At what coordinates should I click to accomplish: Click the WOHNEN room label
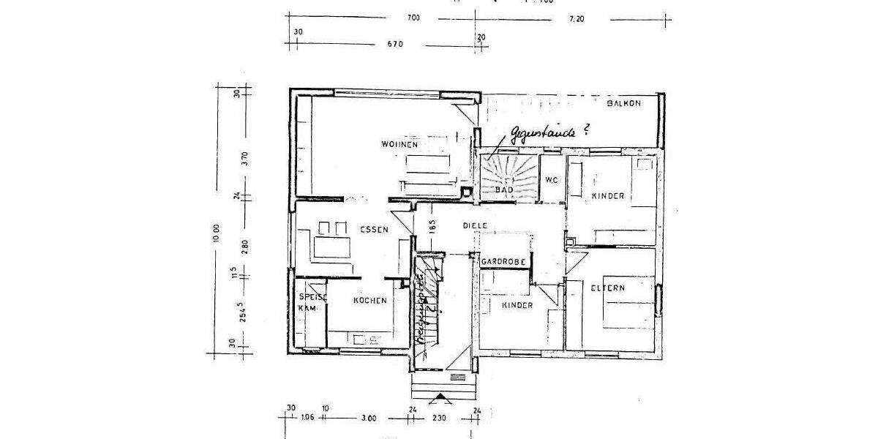pyautogui.click(x=399, y=145)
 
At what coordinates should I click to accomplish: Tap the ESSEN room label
pyautogui.click(x=373, y=230)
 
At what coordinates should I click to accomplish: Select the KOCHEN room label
pyautogui.click(x=369, y=301)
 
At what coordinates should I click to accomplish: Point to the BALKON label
pyautogui.click(x=623, y=104)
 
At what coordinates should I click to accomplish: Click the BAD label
pyautogui.click(x=504, y=190)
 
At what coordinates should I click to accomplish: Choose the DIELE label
pyautogui.click(x=475, y=226)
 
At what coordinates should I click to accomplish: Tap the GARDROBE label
pyautogui.click(x=503, y=261)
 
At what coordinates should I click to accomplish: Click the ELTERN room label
pyautogui.click(x=608, y=288)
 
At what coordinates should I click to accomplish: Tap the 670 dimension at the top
pyautogui.click(x=396, y=44)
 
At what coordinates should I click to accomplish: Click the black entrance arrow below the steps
pyautogui.click(x=440, y=399)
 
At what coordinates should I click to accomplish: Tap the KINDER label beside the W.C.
pyautogui.click(x=607, y=196)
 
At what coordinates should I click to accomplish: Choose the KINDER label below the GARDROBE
pyautogui.click(x=517, y=305)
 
